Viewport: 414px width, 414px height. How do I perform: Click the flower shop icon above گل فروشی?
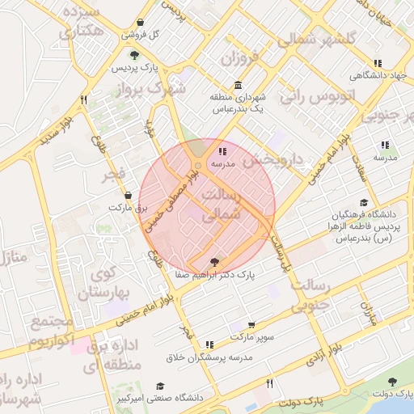141,23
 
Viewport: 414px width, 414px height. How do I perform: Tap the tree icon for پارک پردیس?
134,55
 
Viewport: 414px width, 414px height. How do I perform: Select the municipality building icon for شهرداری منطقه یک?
238,86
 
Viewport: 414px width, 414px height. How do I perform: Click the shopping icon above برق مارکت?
129,196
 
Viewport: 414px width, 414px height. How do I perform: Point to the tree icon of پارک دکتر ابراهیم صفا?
213,262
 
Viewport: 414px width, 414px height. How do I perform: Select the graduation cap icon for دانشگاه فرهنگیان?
364,203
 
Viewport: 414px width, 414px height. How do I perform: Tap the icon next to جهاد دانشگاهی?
377,63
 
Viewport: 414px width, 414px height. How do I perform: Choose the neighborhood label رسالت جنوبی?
308,296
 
